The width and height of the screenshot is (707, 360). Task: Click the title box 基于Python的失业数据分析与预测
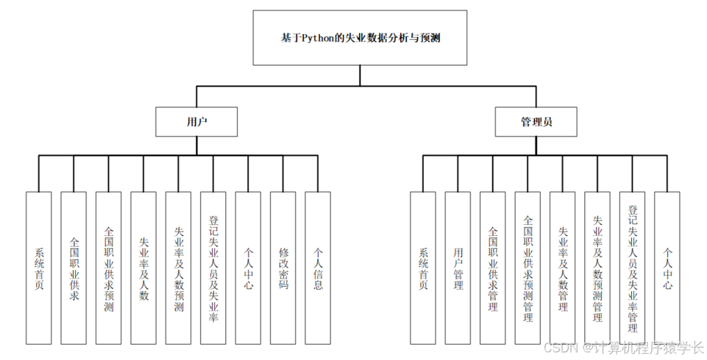point(359,38)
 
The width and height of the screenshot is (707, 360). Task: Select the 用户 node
point(197,122)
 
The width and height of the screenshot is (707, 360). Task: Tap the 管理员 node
point(537,122)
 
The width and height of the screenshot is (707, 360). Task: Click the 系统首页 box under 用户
point(39,268)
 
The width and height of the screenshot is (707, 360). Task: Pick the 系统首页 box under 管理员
point(423,268)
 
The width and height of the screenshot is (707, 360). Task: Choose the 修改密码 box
point(283,268)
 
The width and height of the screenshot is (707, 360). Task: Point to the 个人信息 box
point(318,268)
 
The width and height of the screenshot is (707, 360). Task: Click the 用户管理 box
point(458,268)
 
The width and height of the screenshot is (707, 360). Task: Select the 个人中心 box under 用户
point(248,268)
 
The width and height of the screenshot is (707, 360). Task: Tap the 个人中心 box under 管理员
point(667,268)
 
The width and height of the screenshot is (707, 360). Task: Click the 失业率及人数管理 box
point(563,268)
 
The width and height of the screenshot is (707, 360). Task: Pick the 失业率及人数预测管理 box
point(598,268)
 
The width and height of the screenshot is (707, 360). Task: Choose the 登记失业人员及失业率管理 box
point(633,268)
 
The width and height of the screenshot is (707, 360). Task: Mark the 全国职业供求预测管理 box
point(528,268)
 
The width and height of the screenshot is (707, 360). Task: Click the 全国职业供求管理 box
point(493,268)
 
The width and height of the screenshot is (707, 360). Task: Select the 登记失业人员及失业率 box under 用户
point(214,268)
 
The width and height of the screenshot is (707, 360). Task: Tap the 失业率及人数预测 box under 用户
point(179,268)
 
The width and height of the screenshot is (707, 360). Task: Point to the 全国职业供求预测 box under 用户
point(109,268)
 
